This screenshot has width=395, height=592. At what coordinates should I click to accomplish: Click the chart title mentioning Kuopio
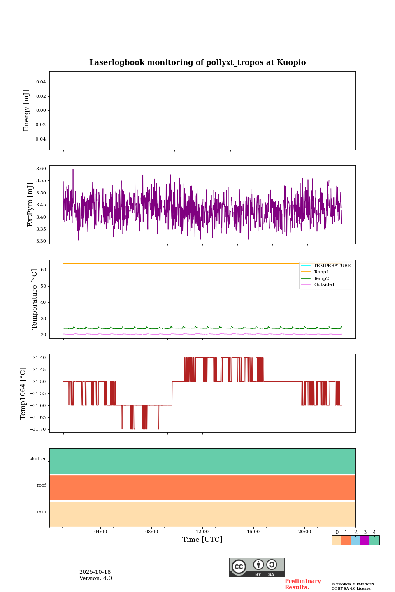[x=197, y=62]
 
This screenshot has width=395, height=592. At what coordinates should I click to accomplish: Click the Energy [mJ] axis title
[x=26, y=111]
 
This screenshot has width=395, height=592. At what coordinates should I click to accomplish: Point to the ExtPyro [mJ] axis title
[x=30, y=205]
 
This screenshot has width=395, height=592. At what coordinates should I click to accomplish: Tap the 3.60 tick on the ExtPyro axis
[x=41, y=169]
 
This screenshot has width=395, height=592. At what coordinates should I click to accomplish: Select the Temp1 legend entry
[x=321, y=272]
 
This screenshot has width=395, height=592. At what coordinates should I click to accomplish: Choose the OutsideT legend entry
[x=324, y=285]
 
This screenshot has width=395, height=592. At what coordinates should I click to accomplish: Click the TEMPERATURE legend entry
[x=332, y=266]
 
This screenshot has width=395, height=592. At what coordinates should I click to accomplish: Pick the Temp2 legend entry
[x=321, y=279]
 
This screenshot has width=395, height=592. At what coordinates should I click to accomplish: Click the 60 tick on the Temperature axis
[x=43, y=270]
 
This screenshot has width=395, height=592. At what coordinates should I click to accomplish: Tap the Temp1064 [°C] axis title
[x=23, y=393]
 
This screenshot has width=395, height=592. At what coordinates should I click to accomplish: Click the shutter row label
[x=38, y=459]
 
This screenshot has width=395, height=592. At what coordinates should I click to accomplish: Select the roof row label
[x=42, y=486]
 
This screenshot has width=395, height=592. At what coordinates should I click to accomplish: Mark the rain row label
[x=42, y=512]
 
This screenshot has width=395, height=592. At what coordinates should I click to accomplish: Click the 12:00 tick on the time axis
[x=202, y=532]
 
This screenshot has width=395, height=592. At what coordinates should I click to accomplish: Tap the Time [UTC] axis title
[x=202, y=540]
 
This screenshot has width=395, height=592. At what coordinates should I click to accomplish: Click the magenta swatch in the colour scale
[x=365, y=540]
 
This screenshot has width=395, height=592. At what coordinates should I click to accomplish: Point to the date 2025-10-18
[x=95, y=572]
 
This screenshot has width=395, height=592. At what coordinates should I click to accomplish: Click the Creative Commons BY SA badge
[x=257, y=567]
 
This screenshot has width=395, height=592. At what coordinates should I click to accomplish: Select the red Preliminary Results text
[x=302, y=584]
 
